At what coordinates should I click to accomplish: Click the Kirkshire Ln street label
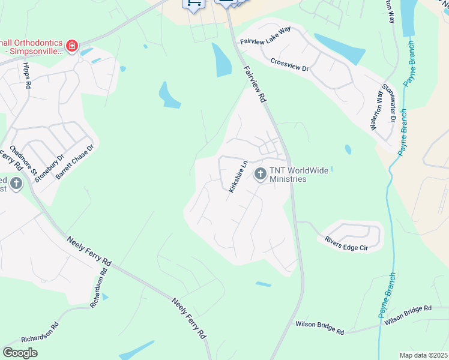point(238,176)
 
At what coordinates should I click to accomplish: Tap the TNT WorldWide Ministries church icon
point(260,174)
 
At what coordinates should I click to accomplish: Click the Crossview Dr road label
point(289,64)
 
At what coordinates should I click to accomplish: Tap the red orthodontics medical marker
point(71,46)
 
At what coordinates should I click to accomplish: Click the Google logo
point(20,352)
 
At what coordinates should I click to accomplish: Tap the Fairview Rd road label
point(255,85)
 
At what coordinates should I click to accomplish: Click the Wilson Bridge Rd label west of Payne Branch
point(319,328)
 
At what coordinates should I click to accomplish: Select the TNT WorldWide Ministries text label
point(299,175)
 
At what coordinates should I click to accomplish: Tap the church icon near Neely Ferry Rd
point(16,183)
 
